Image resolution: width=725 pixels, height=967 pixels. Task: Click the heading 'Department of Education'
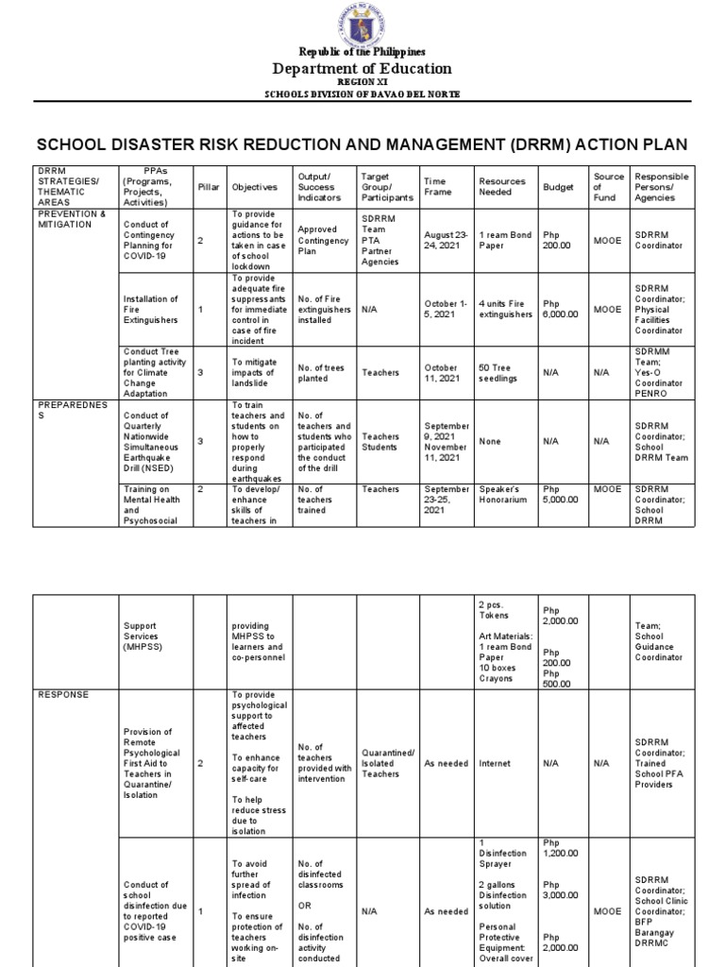[x=362, y=68]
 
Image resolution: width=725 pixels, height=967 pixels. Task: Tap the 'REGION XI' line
[x=362, y=83]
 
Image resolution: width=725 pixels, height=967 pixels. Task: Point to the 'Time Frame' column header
[x=435, y=187]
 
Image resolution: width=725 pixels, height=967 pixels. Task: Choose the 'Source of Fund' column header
[x=608, y=187]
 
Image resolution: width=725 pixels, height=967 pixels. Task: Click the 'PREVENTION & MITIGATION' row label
[x=72, y=220]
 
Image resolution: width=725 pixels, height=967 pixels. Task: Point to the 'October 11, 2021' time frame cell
[x=441, y=372]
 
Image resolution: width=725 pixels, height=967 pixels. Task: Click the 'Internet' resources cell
[x=495, y=763]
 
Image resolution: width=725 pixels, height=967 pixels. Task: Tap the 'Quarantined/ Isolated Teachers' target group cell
[x=387, y=763]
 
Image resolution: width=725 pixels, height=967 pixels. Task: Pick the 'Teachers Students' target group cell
[x=380, y=441]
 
